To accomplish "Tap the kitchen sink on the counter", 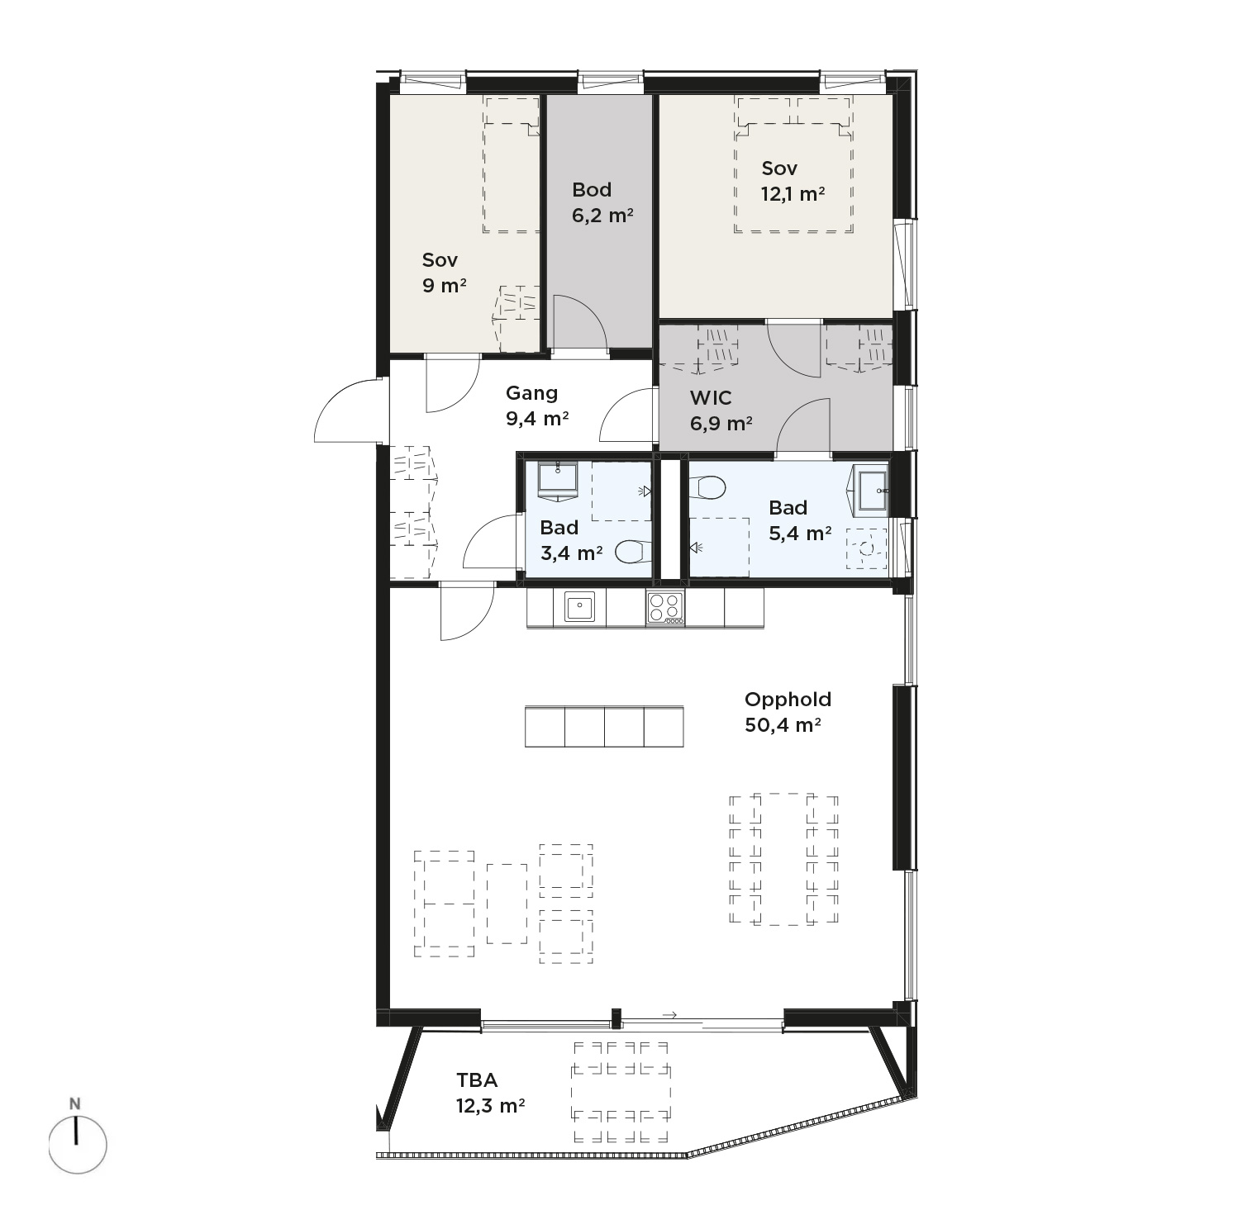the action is pyautogui.click(x=579, y=607).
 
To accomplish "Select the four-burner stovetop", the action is pyautogui.click(x=665, y=608).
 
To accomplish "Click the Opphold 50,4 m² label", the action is pyautogui.click(x=787, y=712).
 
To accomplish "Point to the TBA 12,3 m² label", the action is pyautogui.click(x=490, y=1093).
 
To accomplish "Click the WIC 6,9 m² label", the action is pyautogui.click(x=721, y=410).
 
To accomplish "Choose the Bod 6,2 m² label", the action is pyautogui.click(x=602, y=202).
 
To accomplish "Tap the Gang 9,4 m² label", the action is pyautogui.click(x=537, y=406).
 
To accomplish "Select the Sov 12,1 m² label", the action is pyautogui.click(x=793, y=181).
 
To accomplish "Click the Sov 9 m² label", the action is pyautogui.click(x=444, y=273).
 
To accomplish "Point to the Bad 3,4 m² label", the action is pyautogui.click(x=571, y=540).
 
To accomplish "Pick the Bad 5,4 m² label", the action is pyautogui.click(x=800, y=520).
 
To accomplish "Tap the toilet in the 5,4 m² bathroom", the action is pyautogui.click(x=707, y=488).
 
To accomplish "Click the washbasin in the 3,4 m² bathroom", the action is pyautogui.click(x=558, y=482).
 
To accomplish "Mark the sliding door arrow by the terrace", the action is pyautogui.click(x=669, y=1015).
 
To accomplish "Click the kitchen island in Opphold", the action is pyautogui.click(x=604, y=727).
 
